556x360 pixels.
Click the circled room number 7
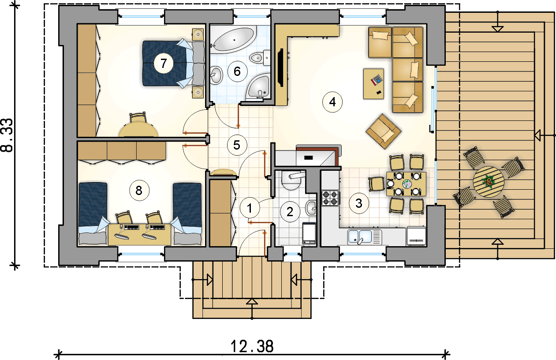click(x=164, y=64)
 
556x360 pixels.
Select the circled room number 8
click(x=139, y=191)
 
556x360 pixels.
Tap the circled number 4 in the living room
click(x=332, y=102)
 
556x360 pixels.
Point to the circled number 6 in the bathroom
click(x=237, y=71)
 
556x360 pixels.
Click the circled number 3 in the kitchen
click(x=358, y=203)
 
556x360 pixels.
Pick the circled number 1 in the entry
click(x=250, y=209)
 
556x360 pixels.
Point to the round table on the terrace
click(x=489, y=181)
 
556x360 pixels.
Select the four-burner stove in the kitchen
click(x=331, y=197)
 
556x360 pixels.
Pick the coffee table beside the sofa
click(x=373, y=83)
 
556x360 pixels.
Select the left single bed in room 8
click(x=93, y=213)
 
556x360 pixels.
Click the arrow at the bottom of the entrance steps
click(x=252, y=302)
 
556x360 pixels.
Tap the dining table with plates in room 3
click(x=407, y=184)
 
